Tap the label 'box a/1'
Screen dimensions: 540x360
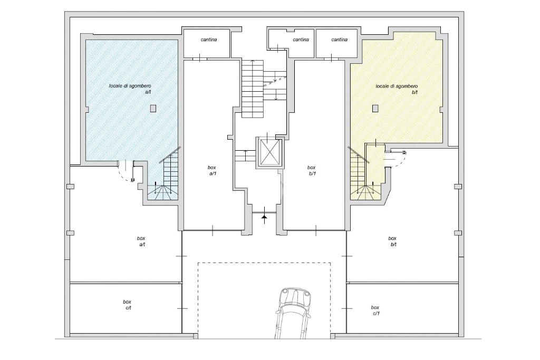point(212,170)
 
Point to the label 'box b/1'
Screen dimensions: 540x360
point(312,170)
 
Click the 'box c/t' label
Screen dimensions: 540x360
point(127,305)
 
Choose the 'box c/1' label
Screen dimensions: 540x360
point(375,310)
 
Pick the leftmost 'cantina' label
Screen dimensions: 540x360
point(209,40)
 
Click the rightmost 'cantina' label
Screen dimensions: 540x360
point(340,40)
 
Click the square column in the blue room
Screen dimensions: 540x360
point(153,109)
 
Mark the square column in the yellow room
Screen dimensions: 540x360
point(375,109)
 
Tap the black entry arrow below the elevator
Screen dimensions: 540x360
point(264,216)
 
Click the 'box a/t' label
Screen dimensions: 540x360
point(141,241)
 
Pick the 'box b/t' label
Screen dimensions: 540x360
point(392,241)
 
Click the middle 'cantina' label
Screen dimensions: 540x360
point(301,40)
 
